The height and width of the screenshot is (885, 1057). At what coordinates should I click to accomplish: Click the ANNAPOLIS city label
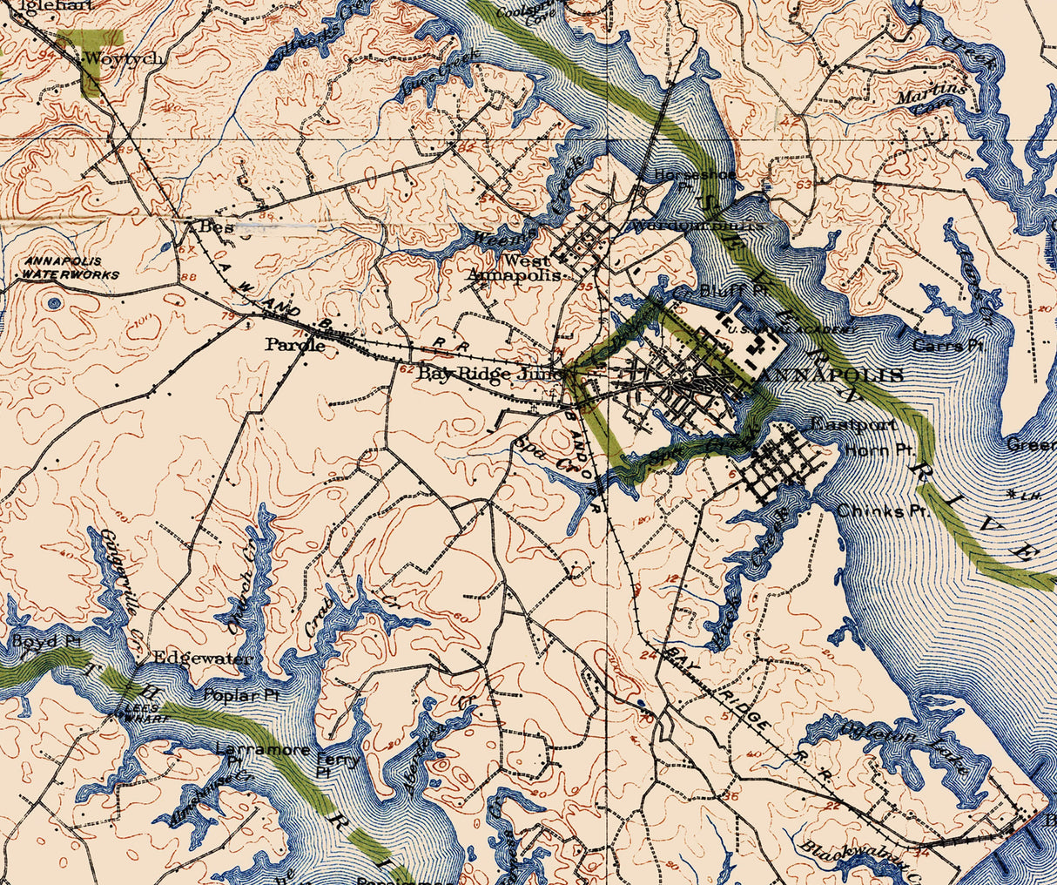(x=832, y=375)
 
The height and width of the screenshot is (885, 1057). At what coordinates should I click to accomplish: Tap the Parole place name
(x=295, y=345)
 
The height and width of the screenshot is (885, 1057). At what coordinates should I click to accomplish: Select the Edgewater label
(x=202, y=659)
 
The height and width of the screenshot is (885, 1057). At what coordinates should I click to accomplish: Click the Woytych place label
(x=111, y=60)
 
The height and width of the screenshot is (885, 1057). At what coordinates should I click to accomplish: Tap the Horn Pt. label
(x=879, y=450)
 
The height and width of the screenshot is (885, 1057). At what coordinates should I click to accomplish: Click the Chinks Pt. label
(x=883, y=510)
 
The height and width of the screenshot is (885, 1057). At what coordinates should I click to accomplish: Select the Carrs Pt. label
(x=948, y=346)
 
